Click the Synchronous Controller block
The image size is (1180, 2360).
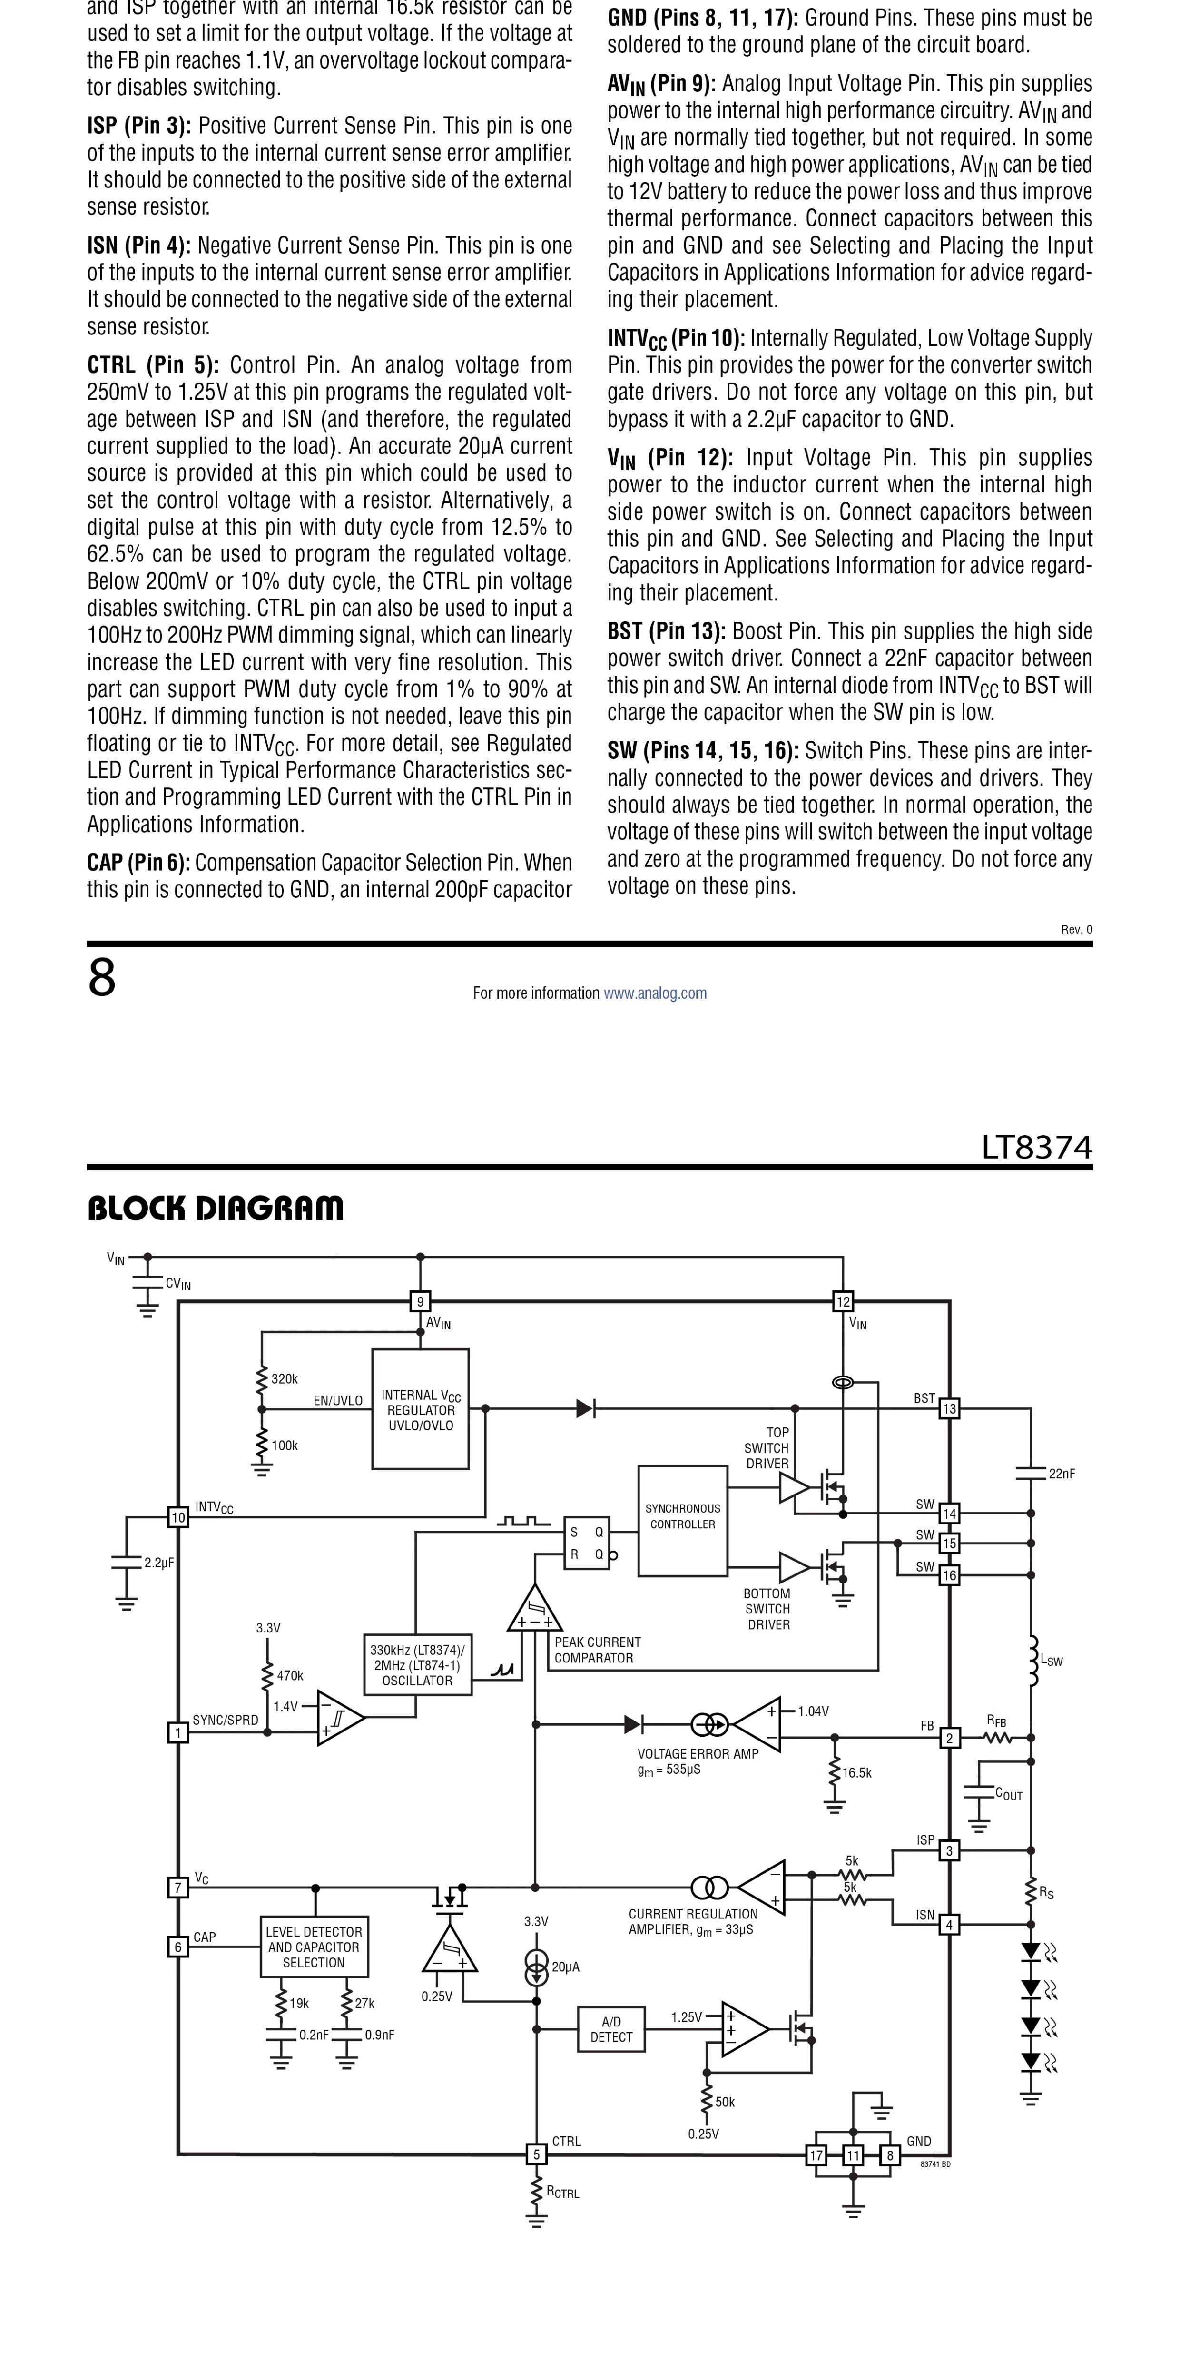(682, 1521)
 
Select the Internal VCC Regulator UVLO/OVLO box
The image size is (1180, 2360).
(421, 1409)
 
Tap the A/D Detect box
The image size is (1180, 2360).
(611, 2029)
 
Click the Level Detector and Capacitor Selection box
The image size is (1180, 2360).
(314, 1947)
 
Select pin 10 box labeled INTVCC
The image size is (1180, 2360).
(178, 1517)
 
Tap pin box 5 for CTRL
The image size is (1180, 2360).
(537, 2154)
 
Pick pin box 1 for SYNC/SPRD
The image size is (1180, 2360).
(178, 1732)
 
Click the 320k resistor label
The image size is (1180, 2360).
(284, 1379)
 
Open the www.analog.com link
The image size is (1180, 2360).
(655, 993)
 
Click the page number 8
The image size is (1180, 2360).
(102, 978)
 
